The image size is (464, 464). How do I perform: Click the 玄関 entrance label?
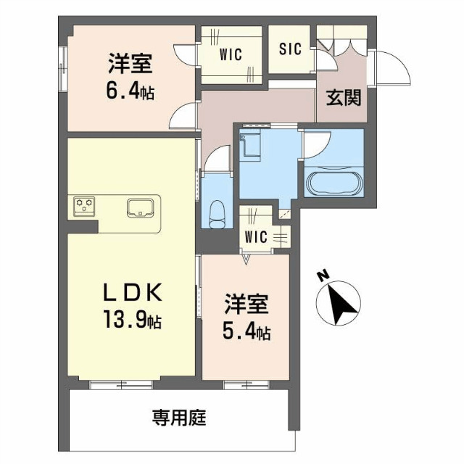(343, 99)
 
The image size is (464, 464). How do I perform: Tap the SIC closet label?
(289, 51)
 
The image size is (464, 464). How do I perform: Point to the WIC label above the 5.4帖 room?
(256, 236)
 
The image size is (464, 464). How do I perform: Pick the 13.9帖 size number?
(131, 319)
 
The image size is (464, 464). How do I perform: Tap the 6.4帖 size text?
(131, 92)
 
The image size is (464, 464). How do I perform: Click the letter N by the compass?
(322, 276)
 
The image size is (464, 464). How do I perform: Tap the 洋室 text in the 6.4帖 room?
(130, 65)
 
